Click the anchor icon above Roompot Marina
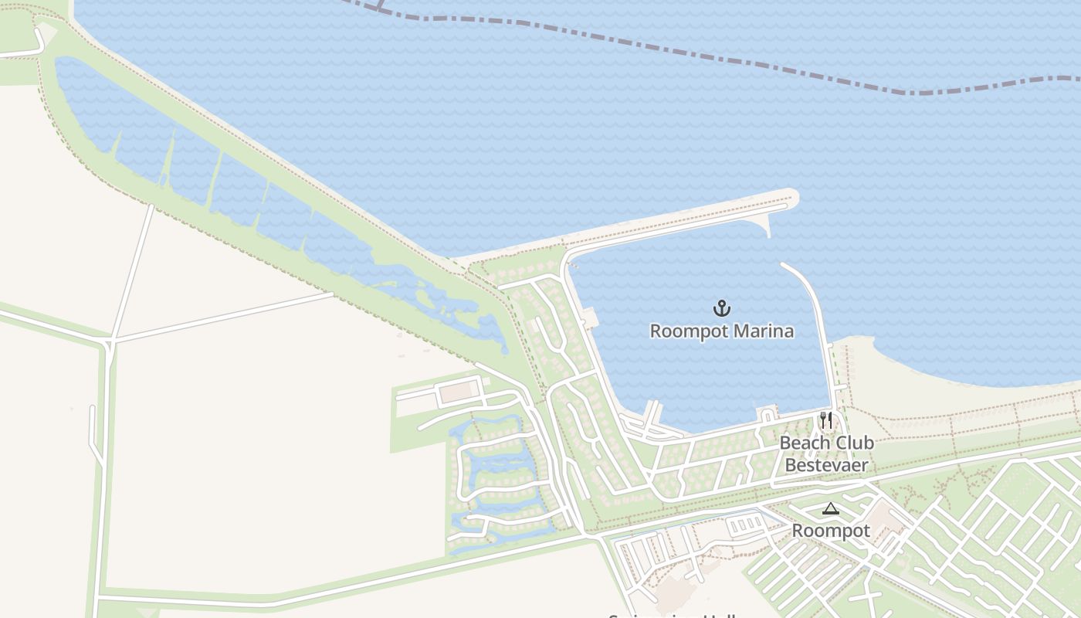pyautogui.click(x=721, y=309)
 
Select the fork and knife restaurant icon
pyautogui.click(x=826, y=420)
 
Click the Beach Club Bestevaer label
pyautogui.click(x=826, y=453)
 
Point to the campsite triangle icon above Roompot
pyautogui.click(x=830, y=508)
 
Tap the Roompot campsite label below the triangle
pyautogui.click(x=831, y=531)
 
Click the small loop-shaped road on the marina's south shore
pyautogui.click(x=767, y=416)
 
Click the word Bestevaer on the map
pyautogui.click(x=826, y=465)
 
